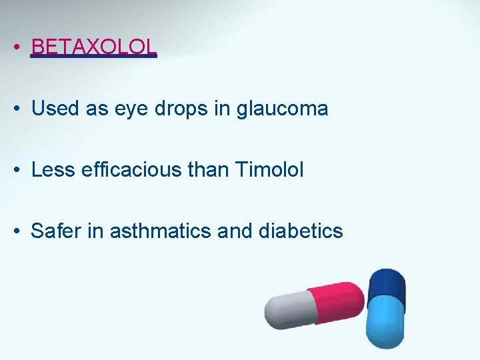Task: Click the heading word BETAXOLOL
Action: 94,46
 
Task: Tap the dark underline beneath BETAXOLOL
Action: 94,56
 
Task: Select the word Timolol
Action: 269,170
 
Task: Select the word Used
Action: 55,108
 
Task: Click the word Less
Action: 53,170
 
